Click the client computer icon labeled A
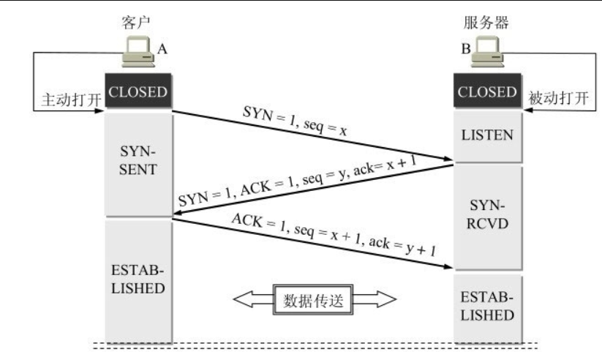(138, 51)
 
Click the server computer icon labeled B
(487, 51)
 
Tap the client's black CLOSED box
(138, 91)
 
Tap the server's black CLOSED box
(488, 91)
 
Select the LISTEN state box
(488, 136)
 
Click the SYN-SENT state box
(138, 165)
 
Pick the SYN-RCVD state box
(488, 218)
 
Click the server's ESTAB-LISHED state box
(488, 308)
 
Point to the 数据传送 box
(313, 300)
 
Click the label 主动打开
(72, 100)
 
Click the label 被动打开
(558, 98)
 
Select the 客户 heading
(135, 22)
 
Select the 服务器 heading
(486, 22)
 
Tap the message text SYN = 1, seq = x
(295, 120)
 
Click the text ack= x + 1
(385, 165)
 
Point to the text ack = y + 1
(402, 246)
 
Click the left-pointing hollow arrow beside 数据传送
(253, 299)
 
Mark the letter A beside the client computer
(162, 49)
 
